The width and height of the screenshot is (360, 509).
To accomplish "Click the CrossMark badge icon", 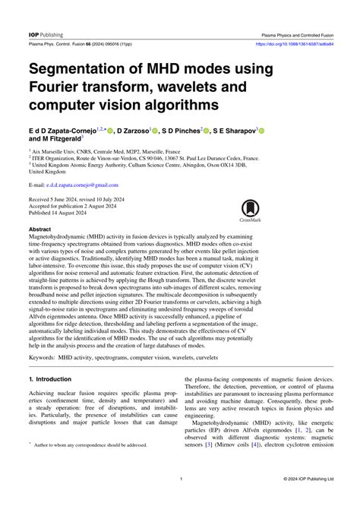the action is pos(251,209).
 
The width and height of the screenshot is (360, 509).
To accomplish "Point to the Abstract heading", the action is pos(39,228).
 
